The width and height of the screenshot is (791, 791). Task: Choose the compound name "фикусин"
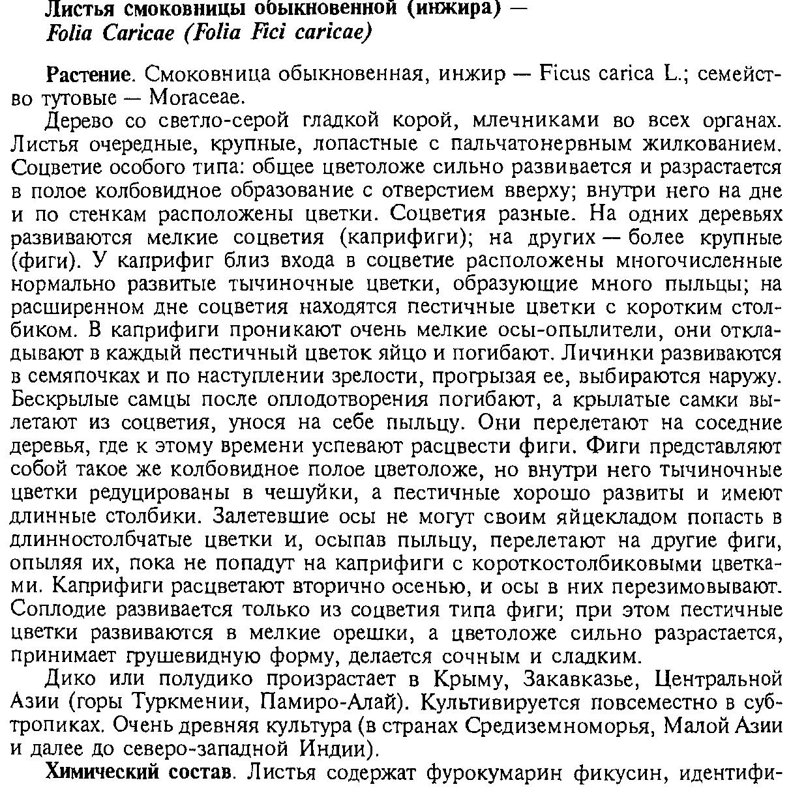[616, 773]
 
